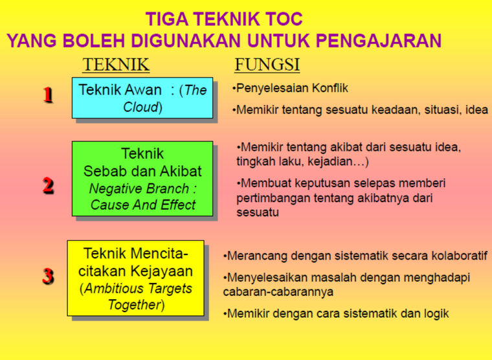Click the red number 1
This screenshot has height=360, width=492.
48,95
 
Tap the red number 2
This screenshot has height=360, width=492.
49,185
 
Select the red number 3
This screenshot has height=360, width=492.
48,276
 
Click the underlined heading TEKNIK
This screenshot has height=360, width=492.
116,65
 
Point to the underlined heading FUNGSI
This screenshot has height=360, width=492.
267,65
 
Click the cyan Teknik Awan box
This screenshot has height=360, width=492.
142,98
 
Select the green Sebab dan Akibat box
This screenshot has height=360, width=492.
142,179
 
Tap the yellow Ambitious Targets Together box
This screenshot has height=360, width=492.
135,278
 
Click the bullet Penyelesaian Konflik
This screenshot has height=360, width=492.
290,88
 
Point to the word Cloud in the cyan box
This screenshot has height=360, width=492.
140,107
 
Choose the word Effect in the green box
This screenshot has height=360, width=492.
178,205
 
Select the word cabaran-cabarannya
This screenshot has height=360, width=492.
278,292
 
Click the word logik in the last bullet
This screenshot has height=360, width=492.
436,313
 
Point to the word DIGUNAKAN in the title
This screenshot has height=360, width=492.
185,41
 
